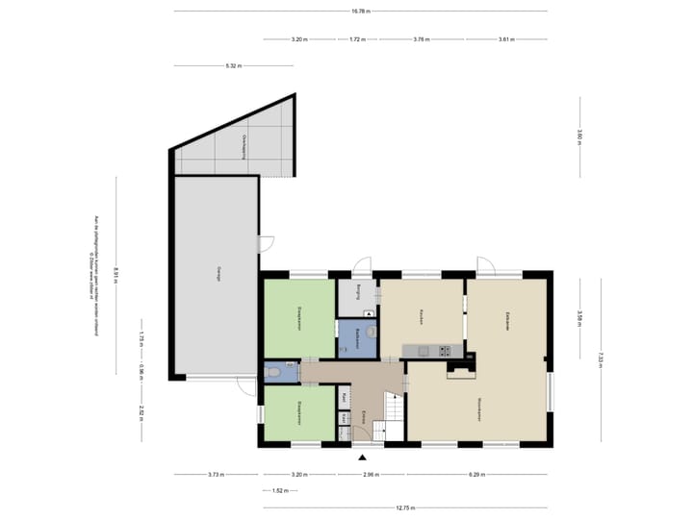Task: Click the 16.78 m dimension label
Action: pos(361,11)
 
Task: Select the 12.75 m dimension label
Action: pos(405,508)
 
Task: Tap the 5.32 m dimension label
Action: pos(233,66)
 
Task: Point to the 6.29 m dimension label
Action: pos(477,475)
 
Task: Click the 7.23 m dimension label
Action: pos(600,359)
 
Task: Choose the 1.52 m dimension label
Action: pos(280,491)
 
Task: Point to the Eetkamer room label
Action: pos(506,320)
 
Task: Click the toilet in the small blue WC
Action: pos(273,372)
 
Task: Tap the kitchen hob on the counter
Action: pos(446,350)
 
